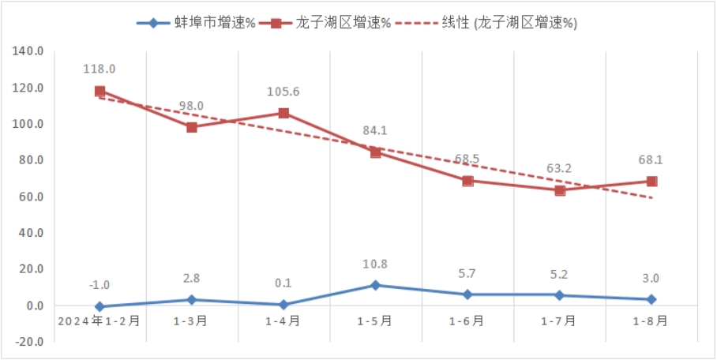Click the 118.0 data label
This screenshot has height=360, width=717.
pyautogui.click(x=99, y=69)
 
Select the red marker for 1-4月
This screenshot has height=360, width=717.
pyautogui.click(x=283, y=113)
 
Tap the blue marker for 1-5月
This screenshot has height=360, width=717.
pyautogui.click(x=376, y=285)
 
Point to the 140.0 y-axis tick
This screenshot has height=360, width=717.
pyautogui.click(x=29, y=51)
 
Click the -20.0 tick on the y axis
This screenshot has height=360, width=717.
pyautogui.click(x=29, y=342)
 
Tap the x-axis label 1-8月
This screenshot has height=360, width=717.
pyautogui.click(x=652, y=321)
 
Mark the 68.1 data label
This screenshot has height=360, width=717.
pyautogui.click(x=651, y=159)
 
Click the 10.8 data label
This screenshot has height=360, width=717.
pyautogui.click(x=376, y=264)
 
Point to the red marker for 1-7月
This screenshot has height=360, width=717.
pyautogui.click(x=560, y=190)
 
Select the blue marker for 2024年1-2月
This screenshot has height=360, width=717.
pyautogui.click(x=99, y=307)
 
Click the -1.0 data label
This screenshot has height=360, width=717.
pyautogui.click(x=99, y=285)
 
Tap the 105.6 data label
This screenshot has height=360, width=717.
pyautogui.click(x=283, y=92)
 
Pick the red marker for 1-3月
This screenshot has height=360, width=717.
pyautogui.click(x=192, y=126)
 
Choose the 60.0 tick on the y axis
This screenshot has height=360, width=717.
pyautogui.click(x=29, y=197)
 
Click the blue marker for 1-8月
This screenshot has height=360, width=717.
pyautogui.click(x=651, y=299)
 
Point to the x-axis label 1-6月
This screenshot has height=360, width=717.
pyautogui.click(x=467, y=321)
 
